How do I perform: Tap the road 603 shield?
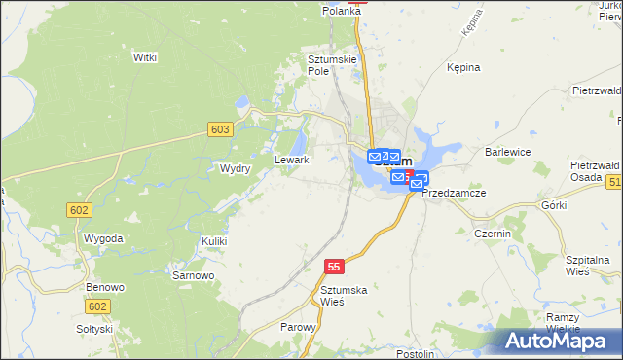click(220, 129)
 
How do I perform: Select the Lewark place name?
click(292, 160)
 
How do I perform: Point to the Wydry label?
click(236, 168)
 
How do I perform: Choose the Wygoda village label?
click(103, 238)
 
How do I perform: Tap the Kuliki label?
click(214, 240)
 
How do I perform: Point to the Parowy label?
click(298, 327)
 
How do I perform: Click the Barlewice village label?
click(507, 152)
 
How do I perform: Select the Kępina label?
click(464, 68)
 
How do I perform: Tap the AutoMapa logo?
click(556, 342)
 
